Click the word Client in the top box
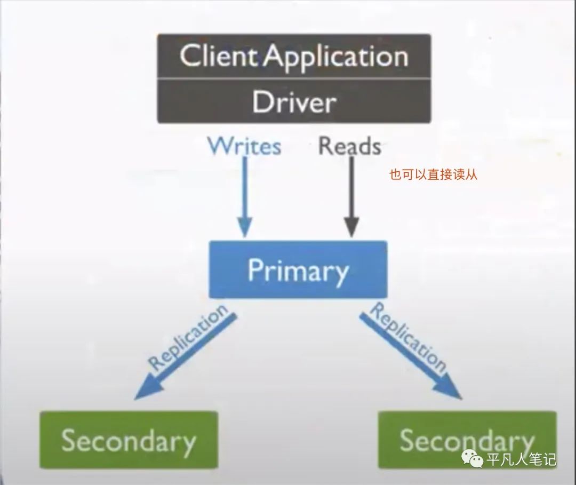click(219, 56)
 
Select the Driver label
click(294, 101)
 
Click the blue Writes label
click(244, 145)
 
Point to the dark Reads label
click(350, 146)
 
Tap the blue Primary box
click(298, 269)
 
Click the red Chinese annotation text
click(433, 174)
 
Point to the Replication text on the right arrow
click(409, 337)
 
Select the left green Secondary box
click(129, 440)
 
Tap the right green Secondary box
click(467, 440)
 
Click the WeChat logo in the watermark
click(473, 459)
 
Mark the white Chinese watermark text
click(521, 459)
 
